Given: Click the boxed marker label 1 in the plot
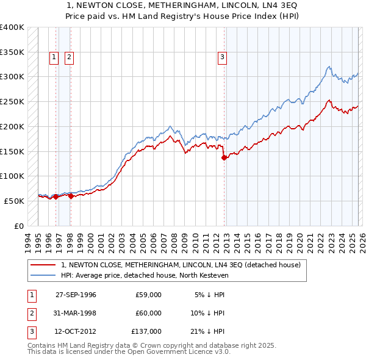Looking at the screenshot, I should coord(54,57).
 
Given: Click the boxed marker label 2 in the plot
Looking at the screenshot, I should coord(69,57).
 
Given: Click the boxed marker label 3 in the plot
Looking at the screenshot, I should coord(222,57).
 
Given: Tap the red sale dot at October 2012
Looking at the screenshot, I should coord(224,157).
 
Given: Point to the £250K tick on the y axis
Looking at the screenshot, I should coord(12,101).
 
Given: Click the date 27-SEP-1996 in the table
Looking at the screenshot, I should coord(76,295).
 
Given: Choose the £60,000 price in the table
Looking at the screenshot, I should coord(149,313).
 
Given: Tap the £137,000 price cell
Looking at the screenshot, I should coord(147,331).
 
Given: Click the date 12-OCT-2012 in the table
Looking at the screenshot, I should coord(76,331).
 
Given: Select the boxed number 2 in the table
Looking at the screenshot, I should coord(30,313).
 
